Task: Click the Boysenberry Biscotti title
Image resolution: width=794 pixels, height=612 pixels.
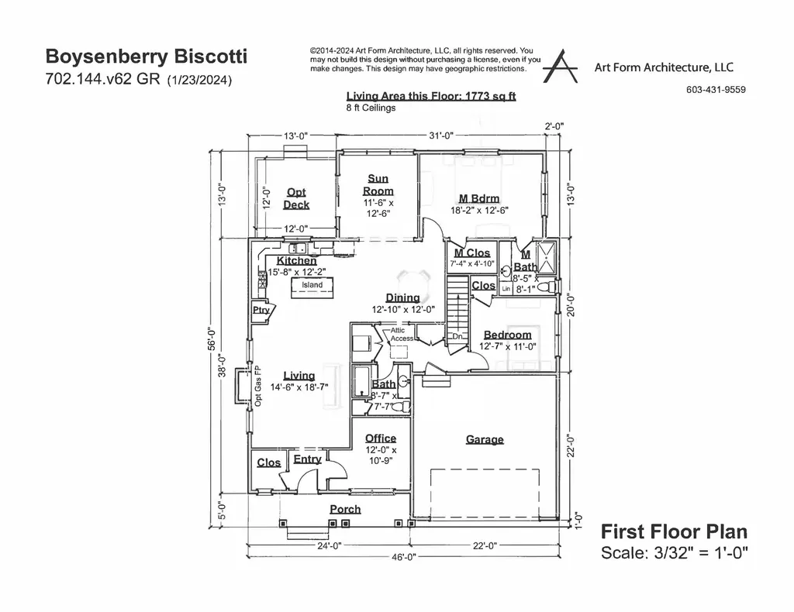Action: pyautogui.click(x=147, y=57)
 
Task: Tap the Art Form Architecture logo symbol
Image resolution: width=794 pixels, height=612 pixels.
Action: pyautogui.click(x=560, y=67)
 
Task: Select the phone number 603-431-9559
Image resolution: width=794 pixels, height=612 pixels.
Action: pyautogui.click(x=716, y=90)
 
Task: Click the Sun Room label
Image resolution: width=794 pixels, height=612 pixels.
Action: pyautogui.click(x=378, y=184)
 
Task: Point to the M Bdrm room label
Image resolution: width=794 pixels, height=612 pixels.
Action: pyautogui.click(x=479, y=199)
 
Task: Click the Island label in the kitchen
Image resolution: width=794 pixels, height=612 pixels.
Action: pyautogui.click(x=312, y=285)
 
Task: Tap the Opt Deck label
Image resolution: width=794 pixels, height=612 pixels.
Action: pyautogui.click(x=296, y=198)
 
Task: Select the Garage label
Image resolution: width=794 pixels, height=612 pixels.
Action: pyautogui.click(x=485, y=439)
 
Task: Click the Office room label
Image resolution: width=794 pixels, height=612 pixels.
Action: pyautogui.click(x=381, y=438)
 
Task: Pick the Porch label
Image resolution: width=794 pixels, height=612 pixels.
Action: pyautogui.click(x=345, y=509)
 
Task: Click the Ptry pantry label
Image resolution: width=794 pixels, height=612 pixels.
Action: pyautogui.click(x=261, y=310)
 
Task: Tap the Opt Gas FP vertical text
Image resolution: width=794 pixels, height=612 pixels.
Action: pyautogui.click(x=258, y=386)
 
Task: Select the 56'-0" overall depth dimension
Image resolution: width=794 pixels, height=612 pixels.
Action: pyautogui.click(x=212, y=339)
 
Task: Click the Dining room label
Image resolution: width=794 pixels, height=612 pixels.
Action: pyautogui.click(x=402, y=297)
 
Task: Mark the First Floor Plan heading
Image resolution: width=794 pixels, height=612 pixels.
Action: pyautogui.click(x=674, y=531)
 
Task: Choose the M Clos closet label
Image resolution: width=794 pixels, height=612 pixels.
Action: pyautogui.click(x=471, y=253)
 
